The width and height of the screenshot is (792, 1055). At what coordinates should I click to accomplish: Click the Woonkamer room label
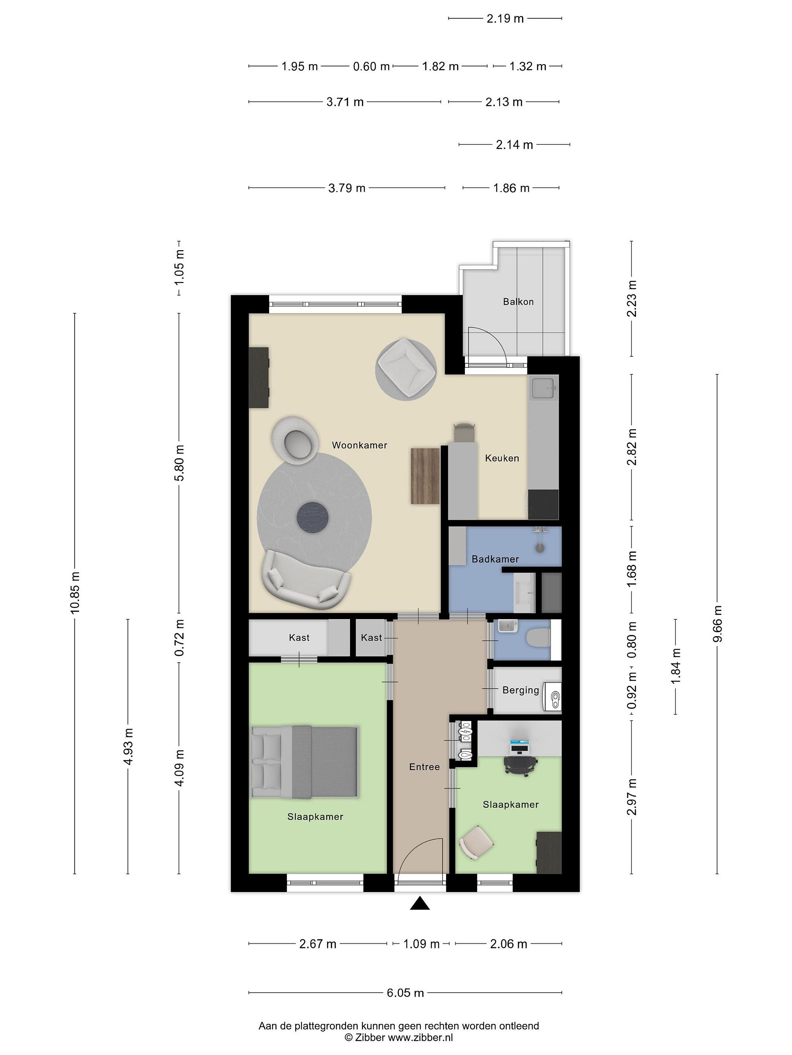click(359, 445)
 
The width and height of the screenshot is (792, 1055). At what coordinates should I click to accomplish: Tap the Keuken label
click(502, 458)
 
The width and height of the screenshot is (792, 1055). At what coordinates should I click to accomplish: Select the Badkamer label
click(495, 559)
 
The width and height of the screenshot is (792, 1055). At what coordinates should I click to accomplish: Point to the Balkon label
click(518, 301)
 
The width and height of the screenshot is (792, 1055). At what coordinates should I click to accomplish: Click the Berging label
click(520, 690)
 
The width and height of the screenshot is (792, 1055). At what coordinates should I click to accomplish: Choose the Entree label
click(424, 767)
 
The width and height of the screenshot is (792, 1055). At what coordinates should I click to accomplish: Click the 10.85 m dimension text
click(75, 592)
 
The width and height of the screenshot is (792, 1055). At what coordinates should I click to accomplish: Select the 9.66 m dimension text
click(717, 624)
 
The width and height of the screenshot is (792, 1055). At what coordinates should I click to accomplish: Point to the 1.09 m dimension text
click(421, 944)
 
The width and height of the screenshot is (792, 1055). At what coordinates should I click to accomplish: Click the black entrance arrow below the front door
click(419, 903)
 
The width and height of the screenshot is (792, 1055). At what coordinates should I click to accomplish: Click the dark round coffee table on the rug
click(313, 517)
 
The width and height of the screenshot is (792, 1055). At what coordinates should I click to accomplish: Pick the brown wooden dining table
click(425, 475)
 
